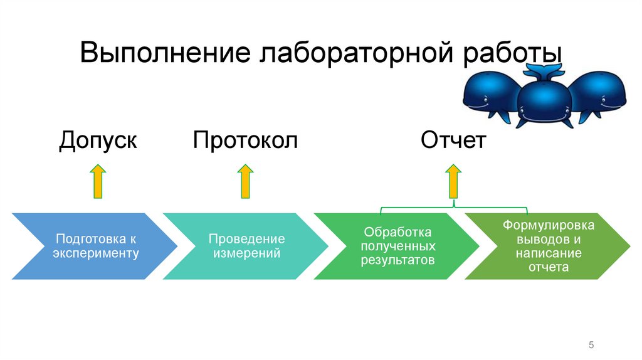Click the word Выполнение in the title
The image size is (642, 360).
(x=163, y=53)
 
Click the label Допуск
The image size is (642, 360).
(x=98, y=140)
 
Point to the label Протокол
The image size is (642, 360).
(x=245, y=140)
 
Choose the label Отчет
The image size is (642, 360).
(x=453, y=140)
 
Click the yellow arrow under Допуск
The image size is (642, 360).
(x=98, y=182)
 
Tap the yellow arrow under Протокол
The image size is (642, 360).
(x=246, y=182)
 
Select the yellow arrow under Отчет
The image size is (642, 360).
(x=453, y=182)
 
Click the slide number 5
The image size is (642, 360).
(x=591, y=346)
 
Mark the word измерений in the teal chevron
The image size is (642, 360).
(x=246, y=253)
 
